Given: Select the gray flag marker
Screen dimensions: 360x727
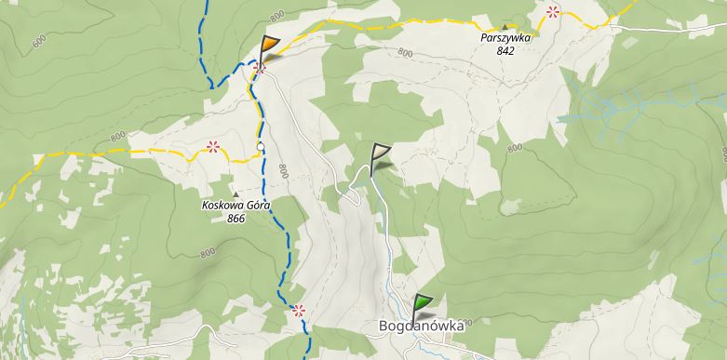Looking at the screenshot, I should [379, 155].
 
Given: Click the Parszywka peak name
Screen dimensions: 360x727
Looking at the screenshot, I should [505, 39].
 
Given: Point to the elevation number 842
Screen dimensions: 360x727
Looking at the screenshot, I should [505, 51].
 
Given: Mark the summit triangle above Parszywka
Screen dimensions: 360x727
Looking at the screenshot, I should [505, 27].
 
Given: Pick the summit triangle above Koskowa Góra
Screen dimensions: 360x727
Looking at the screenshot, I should [235, 193].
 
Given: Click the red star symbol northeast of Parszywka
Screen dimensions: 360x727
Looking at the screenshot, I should [554, 11].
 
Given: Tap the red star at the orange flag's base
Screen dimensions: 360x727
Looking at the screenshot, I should [261, 66].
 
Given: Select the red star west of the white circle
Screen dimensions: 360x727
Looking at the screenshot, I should [213, 146].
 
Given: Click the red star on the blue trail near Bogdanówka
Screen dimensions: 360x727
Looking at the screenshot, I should [298, 310].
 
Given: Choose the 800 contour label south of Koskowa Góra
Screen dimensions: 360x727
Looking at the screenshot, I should [207, 252].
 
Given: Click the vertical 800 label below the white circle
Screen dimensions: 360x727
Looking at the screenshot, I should [282, 172].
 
